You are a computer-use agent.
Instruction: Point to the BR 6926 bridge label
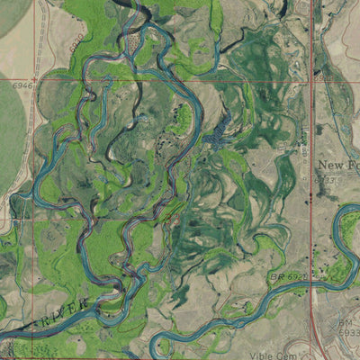290,277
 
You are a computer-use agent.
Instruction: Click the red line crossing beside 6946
36,79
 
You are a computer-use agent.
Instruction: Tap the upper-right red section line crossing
312,79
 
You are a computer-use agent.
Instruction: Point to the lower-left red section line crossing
34,218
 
